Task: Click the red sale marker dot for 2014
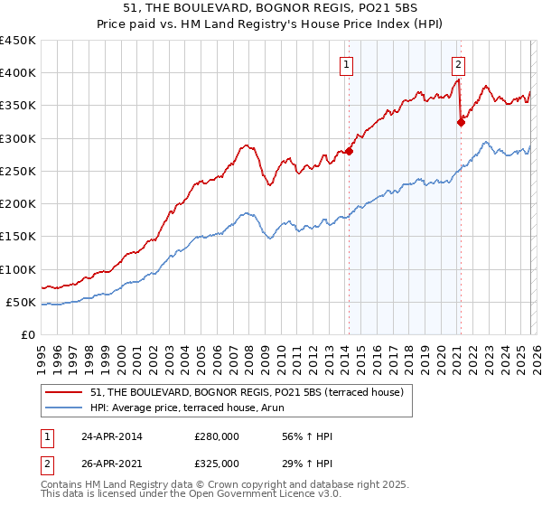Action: pyautogui.click(x=349, y=152)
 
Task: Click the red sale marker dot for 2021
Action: pyautogui.click(x=461, y=123)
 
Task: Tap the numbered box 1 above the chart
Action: pyautogui.click(x=347, y=64)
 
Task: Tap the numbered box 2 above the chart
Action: pyautogui.click(x=459, y=64)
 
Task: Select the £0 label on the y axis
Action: pyautogui.click(x=27, y=335)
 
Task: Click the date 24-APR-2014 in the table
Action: pyautogui.click(x=110, y=436)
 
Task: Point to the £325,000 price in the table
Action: pyautogui.click(x=217, y=464)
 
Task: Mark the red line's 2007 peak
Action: pyautogui.click(x=245, y=145)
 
